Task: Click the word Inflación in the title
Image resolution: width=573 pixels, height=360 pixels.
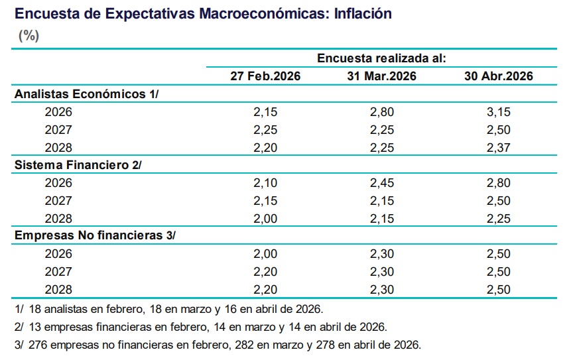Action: (x=363, y=13)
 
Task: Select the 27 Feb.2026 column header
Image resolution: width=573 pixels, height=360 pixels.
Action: (x=265, y=76)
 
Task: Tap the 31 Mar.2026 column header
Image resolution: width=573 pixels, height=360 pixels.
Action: (x=381, y=76)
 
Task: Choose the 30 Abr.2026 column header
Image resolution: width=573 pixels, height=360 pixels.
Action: (x=499, y=76)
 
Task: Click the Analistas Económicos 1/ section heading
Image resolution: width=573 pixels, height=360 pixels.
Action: (x=87, y=94)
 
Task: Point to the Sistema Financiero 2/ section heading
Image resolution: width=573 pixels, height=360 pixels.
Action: (x=78, y=165)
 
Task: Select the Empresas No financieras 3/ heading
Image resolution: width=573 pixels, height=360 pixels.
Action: (x=95, y=235)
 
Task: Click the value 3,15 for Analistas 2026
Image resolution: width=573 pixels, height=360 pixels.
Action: (x=499, y=112)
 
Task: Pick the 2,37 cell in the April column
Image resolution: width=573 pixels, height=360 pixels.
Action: (x=499, y=148)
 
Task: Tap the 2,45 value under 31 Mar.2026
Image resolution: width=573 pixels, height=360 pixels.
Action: (x=382, y=183)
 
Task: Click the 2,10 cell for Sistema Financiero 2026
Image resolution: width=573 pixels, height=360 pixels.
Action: (x=265, y=183)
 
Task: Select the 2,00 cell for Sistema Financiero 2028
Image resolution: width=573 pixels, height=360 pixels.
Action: (x=265, y=219)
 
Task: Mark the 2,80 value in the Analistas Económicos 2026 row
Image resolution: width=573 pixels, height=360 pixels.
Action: (x=382, y=112)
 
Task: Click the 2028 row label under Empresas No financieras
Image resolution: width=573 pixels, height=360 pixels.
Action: (x=58, y=290)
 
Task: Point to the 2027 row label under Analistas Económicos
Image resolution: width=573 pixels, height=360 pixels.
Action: (x=58, y=130)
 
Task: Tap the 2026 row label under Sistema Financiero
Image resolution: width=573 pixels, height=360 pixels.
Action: (x=58, y=183)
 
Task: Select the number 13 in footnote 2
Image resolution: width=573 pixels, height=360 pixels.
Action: (x=34, y=327)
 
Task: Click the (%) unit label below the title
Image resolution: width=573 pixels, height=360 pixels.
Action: (x=29, y=36)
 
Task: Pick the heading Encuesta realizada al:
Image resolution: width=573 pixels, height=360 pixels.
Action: (x=381, y=58)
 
